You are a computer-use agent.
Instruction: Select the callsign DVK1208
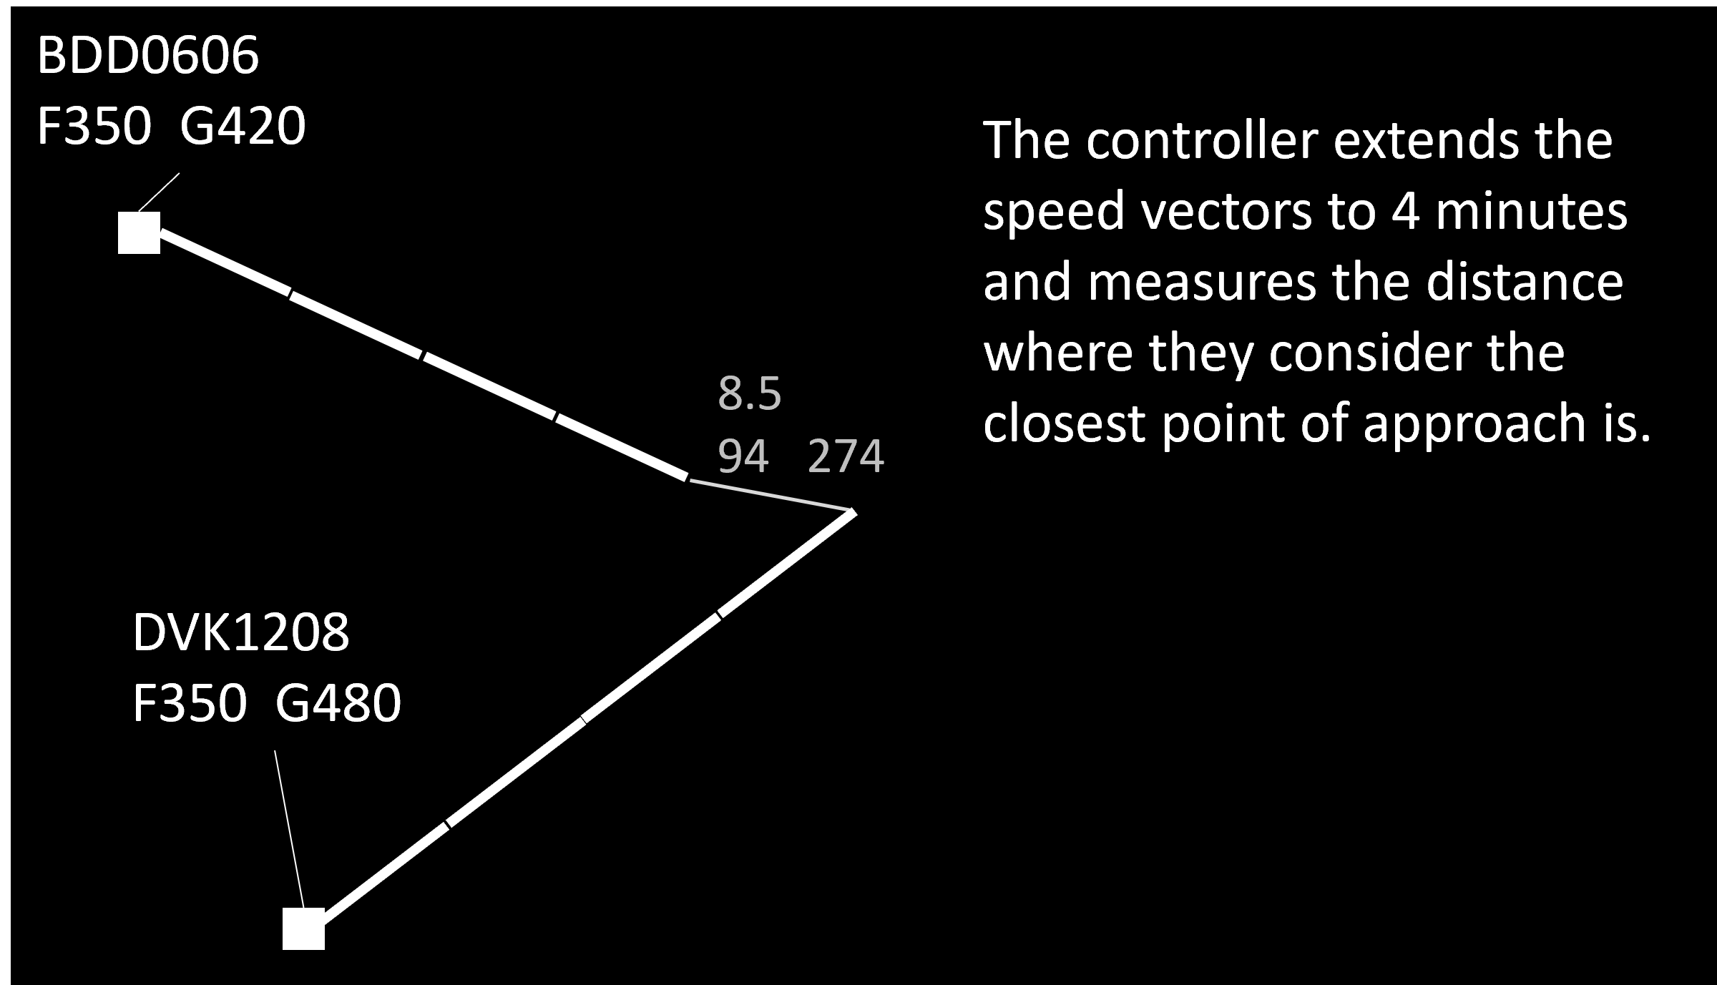(x=240, y=632)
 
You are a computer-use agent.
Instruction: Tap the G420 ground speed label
(x=243, y=127)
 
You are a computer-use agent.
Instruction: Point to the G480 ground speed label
(x=338, y=703)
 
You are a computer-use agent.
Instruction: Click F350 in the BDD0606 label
(x=94, y=127)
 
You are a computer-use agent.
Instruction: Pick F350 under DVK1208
(x=190, y=703)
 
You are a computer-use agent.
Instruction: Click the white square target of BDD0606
(x=139, y=232)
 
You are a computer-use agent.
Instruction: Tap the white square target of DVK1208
(x=303, y=928)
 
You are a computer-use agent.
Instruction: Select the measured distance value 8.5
(x=749, y=393)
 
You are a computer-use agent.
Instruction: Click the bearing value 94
(x=743, y=456)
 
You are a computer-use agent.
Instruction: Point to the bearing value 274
(x=846, y=456)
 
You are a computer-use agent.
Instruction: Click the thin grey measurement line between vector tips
(x=771, y=496)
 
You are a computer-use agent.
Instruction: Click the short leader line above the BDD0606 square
(x=159, y=192)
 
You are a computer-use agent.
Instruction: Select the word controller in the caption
(x=1201, y=140)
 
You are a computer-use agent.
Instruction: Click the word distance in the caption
(x=1524, y=282)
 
